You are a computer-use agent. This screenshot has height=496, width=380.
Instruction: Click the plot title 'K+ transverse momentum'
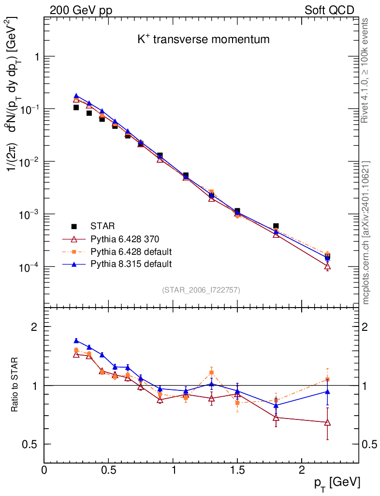[x=203, y=40]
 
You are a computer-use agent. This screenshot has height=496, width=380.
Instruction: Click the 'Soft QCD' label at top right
[x=329, y=10]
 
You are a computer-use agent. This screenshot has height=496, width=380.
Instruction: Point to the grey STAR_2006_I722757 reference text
[x=201, y=290]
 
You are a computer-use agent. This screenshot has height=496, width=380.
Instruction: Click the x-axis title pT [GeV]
[x=336, y=482]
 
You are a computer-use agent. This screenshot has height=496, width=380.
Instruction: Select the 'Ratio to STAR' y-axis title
[x=15, y=385]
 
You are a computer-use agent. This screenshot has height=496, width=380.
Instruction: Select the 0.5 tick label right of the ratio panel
[x=370, y=444]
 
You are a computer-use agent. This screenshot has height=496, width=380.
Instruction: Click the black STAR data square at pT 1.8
[x=276, y=226]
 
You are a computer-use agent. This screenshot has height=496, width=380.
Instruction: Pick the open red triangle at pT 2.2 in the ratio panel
[x=327, y=422]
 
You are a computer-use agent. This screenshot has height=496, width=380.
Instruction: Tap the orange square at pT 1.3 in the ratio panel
[x=211, y=372]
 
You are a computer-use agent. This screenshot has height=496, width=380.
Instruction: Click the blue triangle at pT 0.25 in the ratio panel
[x=76, y=341]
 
